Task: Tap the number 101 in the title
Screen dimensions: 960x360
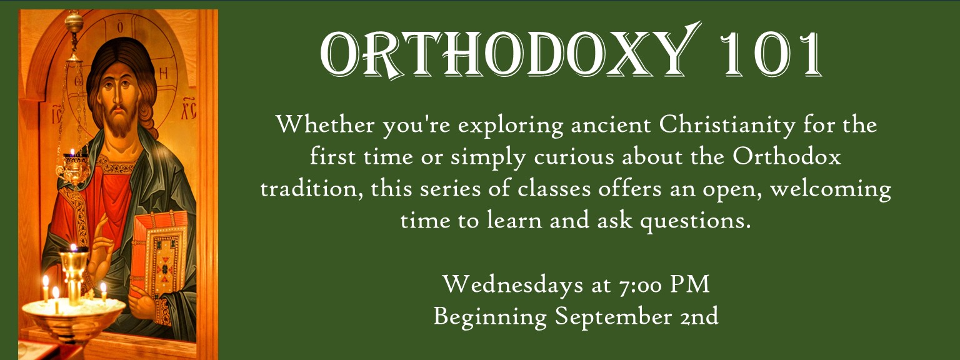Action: pos(771,54)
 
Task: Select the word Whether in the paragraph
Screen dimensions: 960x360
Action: pos(326,125)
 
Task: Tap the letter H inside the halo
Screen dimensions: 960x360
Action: pos(164,74)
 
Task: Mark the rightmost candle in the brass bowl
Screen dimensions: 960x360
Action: pos(103,291)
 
